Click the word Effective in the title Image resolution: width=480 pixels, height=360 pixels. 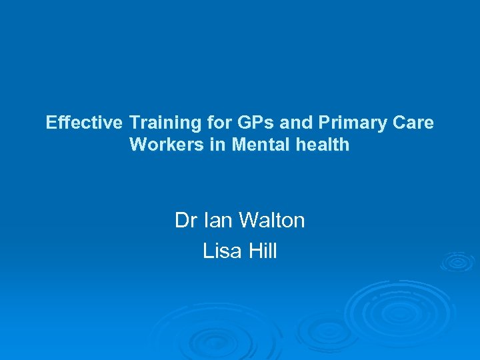pyautogui.click(x=85, y=123)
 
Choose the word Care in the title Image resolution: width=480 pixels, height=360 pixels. pyautogui.click(x=415, y=123)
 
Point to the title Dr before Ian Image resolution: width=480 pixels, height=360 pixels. pyautogui.click(x=185, y=220)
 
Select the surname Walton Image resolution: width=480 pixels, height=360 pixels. pyautogui.click(x=273, y=220)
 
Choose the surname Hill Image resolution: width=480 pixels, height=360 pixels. pyautogui.click(x=262, y=251)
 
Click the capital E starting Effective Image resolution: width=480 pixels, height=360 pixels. pyautogui.click(x=51, y=123)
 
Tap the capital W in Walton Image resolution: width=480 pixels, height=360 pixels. pyautogui.click(x=249, y=220)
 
